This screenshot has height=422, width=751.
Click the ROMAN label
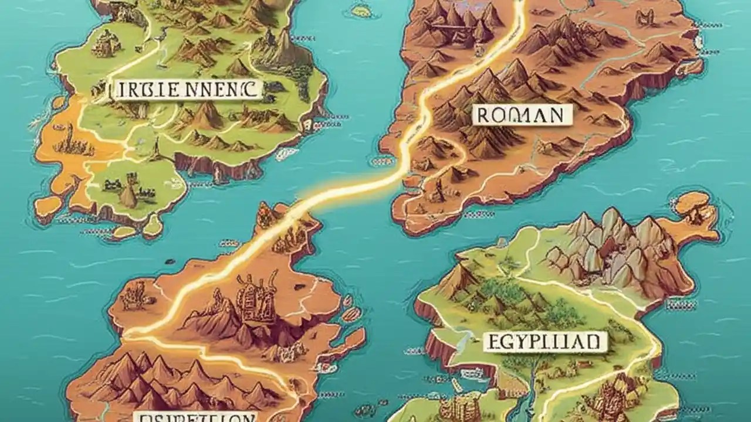[x=522, y=115]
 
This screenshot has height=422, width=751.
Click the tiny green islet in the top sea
[x=361, y=11]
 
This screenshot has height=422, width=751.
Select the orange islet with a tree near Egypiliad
[x=696, y=208]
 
